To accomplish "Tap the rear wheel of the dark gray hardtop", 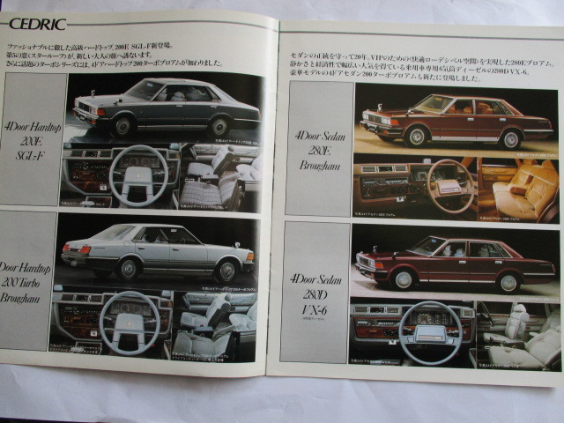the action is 219,126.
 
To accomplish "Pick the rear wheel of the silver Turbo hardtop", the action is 130,268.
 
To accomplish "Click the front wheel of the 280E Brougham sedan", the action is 415,136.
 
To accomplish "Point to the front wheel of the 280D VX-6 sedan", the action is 404,278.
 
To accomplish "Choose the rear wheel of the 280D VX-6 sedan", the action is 508,282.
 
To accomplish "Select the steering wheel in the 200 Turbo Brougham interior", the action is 129,323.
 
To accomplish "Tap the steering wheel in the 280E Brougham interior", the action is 449,184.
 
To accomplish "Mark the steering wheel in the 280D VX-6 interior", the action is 429,331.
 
